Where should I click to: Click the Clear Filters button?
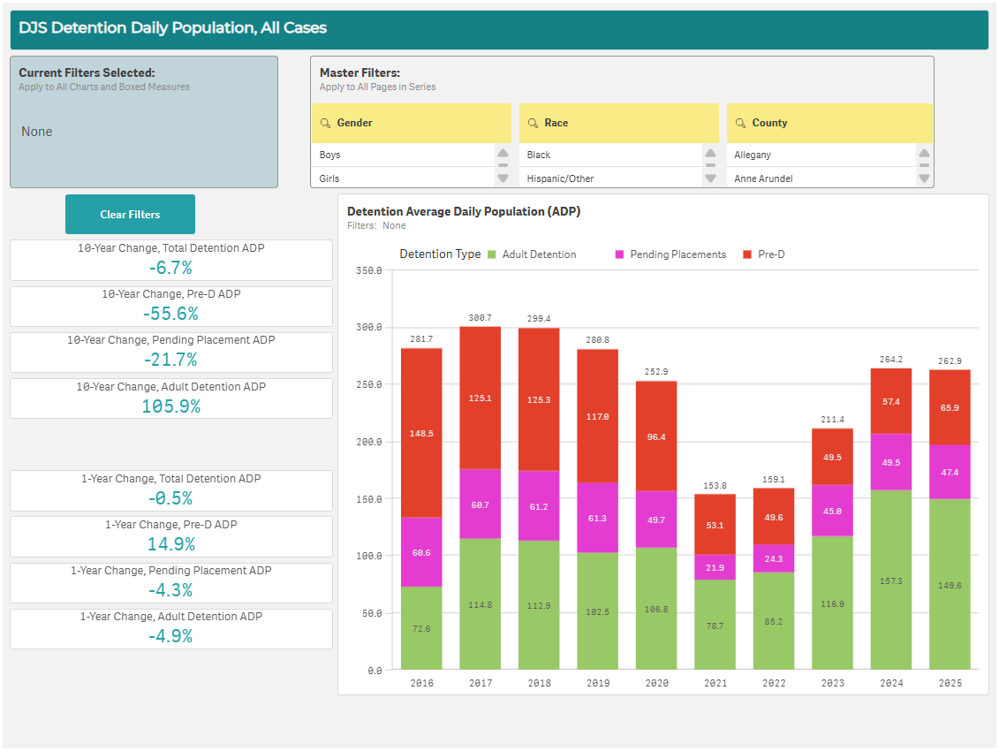point(130,215)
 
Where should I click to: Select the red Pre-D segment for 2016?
point(421,432)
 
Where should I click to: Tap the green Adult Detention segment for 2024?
point(891,580)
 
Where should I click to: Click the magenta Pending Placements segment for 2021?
point(715,567)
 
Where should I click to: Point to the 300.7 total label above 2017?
point(481,317)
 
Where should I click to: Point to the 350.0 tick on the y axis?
point(367,270)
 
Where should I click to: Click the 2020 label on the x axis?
point(655,683)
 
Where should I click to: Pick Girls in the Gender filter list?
point(330,178)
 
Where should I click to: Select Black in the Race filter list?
point(539,155)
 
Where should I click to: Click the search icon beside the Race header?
point(533,123)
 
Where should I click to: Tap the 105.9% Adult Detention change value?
point(171,406)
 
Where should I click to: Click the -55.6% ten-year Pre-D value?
point(171,314)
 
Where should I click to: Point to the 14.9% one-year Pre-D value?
point(171,544)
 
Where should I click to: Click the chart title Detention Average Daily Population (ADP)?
point(463,211)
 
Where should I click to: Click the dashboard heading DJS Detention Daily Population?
point(173,28)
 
